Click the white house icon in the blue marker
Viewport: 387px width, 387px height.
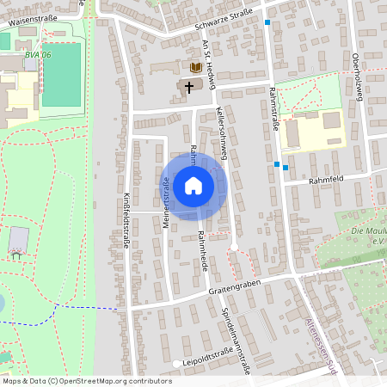193,185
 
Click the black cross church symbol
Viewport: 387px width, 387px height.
189,86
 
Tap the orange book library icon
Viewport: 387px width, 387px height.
196,67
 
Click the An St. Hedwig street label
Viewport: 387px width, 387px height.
207,64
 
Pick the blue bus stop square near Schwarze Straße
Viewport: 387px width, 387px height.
267,23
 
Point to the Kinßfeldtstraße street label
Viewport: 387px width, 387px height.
126,220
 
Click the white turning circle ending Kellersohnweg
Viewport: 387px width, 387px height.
233,247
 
